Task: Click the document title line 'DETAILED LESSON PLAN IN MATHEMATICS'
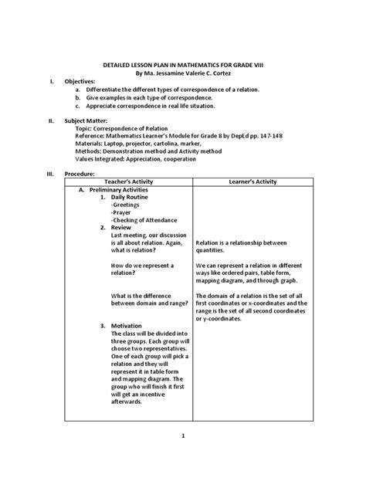click(x=183, y=67)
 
